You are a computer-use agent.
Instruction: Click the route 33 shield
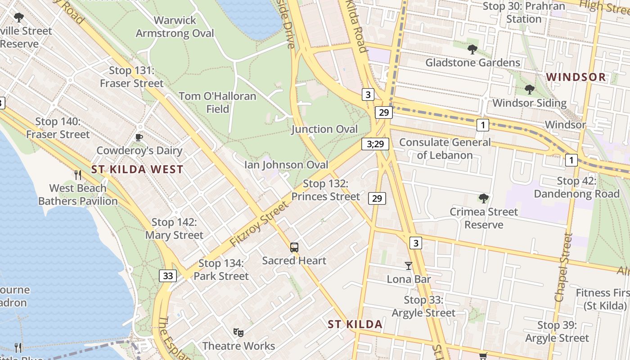(167, 275)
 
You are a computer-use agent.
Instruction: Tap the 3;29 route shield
(375, 144)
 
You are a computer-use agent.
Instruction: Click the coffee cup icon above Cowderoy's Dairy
(139, 137)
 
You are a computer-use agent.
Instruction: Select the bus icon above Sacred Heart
(294, 247)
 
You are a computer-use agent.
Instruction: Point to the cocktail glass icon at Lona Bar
(408, 266)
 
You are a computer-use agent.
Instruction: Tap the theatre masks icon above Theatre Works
(238, 333)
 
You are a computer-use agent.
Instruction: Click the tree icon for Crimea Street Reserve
(484, 198)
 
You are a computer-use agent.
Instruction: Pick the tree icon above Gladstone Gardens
(472, 49)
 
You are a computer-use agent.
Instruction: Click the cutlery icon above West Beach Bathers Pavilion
(78, 175)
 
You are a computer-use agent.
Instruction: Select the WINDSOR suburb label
(576, 77)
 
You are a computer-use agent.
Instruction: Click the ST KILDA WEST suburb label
(137, 170)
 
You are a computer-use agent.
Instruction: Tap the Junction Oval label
(324, 130)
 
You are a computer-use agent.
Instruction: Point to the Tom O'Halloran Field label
(217, 103)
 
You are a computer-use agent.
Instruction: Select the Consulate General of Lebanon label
(445, 149)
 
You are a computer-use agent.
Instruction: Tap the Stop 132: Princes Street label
(325, 190)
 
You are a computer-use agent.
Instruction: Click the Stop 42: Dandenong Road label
(576, 188)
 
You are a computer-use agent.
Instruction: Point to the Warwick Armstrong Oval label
(175, 27)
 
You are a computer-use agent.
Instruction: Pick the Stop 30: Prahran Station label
(523, 13)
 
